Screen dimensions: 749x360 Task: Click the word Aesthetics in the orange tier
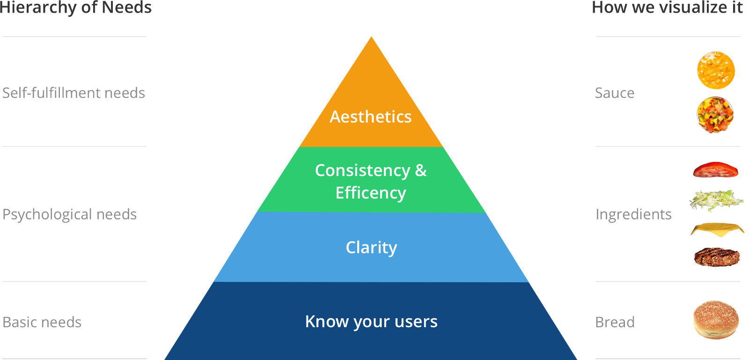[370, 117]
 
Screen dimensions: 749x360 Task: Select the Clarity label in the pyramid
[371, 247]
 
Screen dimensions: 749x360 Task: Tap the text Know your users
[371, 322]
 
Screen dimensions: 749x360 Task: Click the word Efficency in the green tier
[371, 193]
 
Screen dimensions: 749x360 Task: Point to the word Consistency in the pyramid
[362, 170]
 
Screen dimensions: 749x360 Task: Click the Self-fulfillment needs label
[73, 93]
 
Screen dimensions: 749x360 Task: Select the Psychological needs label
[70, 214]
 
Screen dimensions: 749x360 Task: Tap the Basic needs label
[42, 322]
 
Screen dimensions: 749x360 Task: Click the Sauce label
[615, 93]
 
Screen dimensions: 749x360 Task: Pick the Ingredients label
[633, 214]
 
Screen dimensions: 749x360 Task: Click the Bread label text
[615, 322]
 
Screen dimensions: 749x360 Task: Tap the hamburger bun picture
[716, 320]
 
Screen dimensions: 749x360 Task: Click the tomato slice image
[715, 169]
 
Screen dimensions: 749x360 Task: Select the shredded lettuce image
[716, 201]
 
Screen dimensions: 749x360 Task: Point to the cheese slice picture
[717, 230]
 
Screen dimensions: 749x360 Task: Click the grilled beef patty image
[717, 257]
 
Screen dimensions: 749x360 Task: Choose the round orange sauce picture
[716, 70]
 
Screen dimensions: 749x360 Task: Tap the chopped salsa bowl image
[715, 115]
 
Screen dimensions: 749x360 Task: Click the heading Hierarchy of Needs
[76, 7]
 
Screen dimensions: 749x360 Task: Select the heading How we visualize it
[667, 7]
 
